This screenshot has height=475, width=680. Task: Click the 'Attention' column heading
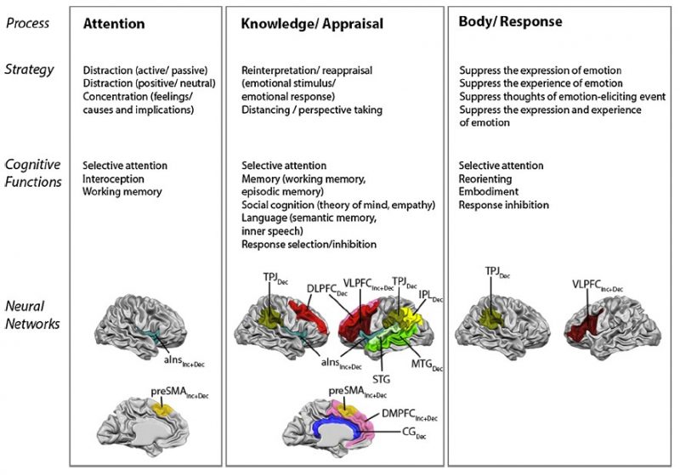pos(116,25)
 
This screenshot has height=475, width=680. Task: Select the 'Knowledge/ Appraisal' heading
pos(312,25)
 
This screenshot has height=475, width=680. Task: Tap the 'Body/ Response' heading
pos(510,21)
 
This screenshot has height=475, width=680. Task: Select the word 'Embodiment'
pos(488,192)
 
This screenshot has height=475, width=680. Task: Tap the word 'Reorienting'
pos(487,178)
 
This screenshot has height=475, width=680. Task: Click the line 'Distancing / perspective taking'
pos(312,110)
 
